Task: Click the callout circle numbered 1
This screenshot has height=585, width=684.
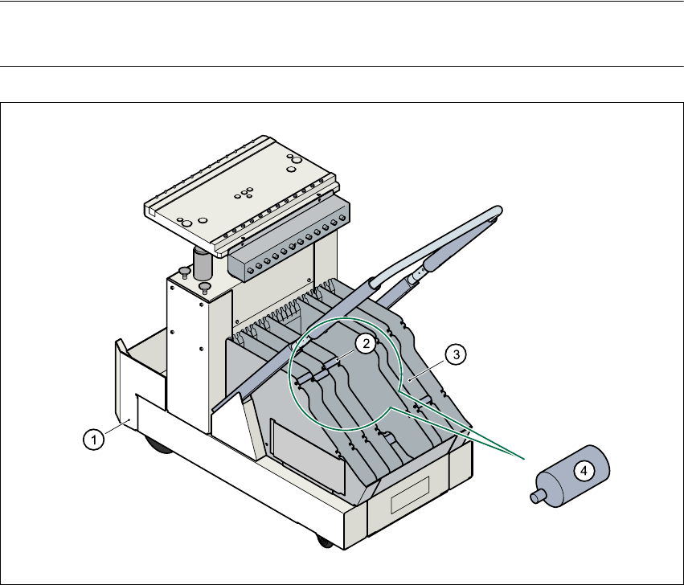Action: [94, 439]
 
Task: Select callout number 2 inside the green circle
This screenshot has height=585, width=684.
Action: [364, 344]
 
